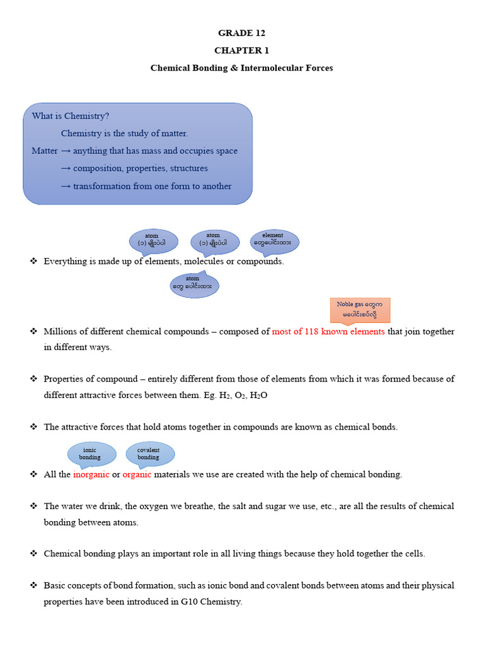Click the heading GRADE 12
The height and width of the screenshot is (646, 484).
tap(241, 33)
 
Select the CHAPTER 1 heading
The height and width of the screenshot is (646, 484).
tap(241, 50)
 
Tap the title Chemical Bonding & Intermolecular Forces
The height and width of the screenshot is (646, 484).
tap(241, 68)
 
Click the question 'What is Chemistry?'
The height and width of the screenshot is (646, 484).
tap(71, 116)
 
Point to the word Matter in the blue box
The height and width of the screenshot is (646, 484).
tap(45, 151)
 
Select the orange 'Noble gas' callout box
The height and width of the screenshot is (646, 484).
tap(360, 309)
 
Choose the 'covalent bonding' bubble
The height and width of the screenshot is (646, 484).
tap(149, 454)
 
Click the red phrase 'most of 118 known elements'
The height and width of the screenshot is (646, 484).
tap(328, 332)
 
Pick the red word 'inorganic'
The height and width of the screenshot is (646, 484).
tap(91, 474)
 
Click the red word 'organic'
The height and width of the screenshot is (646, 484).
tap(137, 474)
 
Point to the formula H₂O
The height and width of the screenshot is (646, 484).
tap(262, 396)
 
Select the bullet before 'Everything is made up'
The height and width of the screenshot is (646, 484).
tap(34, 261)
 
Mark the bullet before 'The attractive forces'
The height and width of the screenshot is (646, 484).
tap(34, 427)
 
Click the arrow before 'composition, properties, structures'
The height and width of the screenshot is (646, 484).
tap(65, 169)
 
